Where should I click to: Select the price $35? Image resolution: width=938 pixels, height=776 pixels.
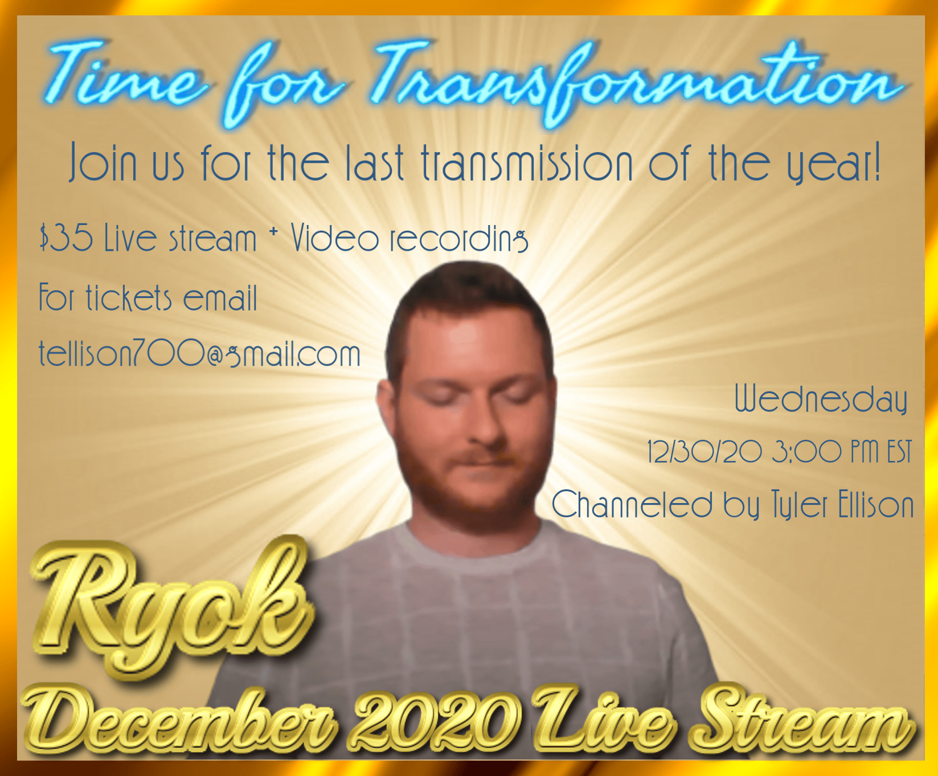coord(66,238)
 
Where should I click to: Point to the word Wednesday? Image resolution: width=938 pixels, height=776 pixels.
coord(821,398)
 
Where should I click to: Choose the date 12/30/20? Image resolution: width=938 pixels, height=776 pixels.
coord(704,452)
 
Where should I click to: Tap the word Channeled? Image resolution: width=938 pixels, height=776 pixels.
coord(632,504)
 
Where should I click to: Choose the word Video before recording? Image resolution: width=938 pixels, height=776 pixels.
coord(334,238)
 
